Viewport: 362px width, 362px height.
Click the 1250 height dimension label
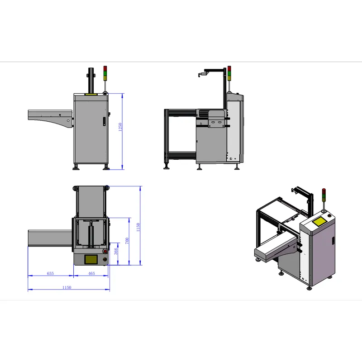pos(120,128)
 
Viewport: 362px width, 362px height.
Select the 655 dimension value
pos(50,273)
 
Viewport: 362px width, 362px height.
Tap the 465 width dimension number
pos(91,273)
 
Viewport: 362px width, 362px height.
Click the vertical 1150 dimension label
pos(138,225)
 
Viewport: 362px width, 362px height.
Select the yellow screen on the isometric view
pos(319,222)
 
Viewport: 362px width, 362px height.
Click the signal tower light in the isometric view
pos(324,195)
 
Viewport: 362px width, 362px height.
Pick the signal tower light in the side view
pos(229,73)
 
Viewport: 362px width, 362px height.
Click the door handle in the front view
pos(103,121)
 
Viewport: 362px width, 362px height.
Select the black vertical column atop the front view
pos(91,80)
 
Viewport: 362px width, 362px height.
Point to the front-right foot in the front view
pos(106,167)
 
